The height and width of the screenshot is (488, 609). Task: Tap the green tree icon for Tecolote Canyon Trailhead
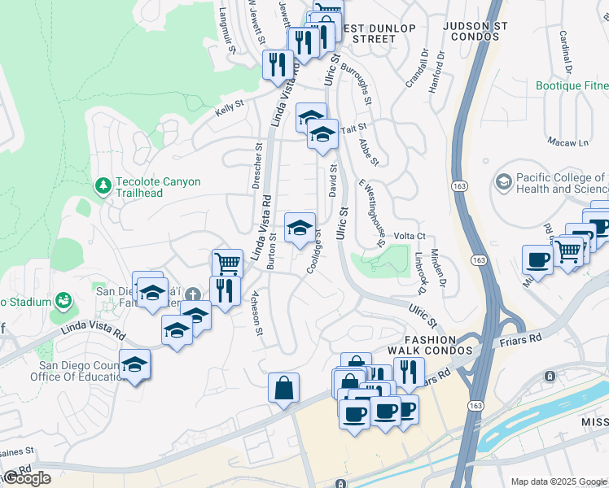pos(103,187)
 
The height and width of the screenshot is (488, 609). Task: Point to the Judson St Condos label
pos(475,32)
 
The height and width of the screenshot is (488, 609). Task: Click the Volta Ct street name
pos(410,237)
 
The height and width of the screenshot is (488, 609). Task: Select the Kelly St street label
pos(230,109)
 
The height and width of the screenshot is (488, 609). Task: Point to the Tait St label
pos(354,128)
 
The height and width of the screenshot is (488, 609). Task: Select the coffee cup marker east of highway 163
pos(537,259)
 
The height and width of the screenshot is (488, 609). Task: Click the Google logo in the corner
pos(27,478)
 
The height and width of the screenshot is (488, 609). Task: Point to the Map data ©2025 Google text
pos(559,481)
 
